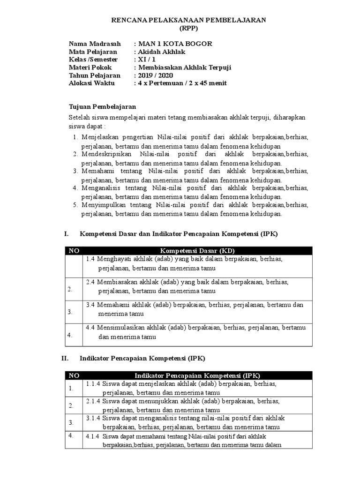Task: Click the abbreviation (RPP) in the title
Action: pos(189,28)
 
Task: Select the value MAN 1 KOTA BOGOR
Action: pos(174,44)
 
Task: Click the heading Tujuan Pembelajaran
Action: pos(102,107)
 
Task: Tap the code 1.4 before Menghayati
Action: pos(91,259)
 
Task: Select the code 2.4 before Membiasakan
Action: pos(91,282)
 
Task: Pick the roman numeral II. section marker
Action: pos(66,358)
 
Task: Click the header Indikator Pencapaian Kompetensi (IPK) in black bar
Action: pos(197,375)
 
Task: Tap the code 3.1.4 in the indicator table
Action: pos(94,417)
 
